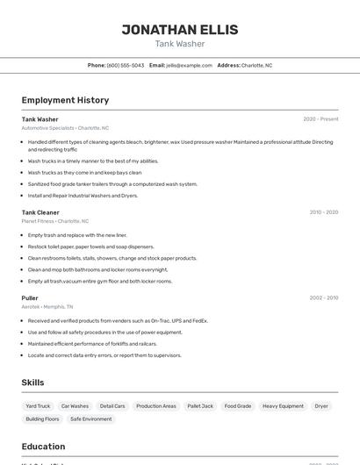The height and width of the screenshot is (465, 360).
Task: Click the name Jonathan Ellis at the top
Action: (179, 29)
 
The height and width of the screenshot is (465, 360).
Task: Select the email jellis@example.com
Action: (189, 66)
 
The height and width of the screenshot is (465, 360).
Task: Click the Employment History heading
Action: (65, 100)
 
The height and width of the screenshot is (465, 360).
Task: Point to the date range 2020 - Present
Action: (320, 119)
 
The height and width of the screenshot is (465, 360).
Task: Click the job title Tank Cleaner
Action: (40, 212)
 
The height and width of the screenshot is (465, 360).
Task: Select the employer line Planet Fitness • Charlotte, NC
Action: (55, 221)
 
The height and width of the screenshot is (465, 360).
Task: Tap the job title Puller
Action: (30, 297)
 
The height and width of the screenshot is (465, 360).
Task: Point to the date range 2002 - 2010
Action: (323, 297)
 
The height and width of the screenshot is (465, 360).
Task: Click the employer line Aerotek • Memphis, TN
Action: (47, 307)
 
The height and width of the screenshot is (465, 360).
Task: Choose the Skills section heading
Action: (32, 383)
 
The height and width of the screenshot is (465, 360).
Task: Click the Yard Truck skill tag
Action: (38, 406)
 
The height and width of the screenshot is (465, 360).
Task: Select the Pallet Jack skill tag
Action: (200, 406)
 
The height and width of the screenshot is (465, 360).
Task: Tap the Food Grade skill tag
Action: (237, 406)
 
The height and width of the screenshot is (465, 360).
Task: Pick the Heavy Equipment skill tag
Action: (283, 406)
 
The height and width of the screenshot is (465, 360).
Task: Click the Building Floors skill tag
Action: (42, 419)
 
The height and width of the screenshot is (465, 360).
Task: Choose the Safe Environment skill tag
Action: (91, 419)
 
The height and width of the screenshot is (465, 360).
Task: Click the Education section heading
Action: (43, 447)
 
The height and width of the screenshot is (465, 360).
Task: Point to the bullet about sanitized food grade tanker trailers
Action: (112, 184)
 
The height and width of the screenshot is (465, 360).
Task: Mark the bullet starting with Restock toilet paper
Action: (90, 247)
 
